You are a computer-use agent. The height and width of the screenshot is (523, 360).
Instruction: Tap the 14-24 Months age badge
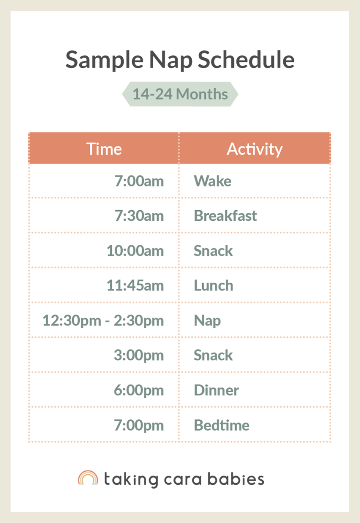180,94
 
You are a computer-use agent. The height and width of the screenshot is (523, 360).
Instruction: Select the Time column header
104,149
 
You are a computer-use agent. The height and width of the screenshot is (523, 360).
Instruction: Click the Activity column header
255,149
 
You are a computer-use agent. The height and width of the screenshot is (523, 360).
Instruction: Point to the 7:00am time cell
139,181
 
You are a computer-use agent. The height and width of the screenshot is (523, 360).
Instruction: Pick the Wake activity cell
212,181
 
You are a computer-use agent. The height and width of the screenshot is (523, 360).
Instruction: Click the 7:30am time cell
139,216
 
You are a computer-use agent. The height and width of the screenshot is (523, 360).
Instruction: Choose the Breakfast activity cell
225,216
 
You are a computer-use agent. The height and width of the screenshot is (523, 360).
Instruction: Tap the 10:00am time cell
135,250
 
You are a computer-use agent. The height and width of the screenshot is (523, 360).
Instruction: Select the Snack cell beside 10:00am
213,250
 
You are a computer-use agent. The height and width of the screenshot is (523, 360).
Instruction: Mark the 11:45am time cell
135,285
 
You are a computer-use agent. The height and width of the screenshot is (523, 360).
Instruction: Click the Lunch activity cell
213,285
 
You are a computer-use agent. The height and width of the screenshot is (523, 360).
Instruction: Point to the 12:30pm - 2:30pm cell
103,320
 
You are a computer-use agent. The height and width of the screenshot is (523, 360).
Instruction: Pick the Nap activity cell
207,321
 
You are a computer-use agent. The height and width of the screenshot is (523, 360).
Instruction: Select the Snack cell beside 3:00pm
213,355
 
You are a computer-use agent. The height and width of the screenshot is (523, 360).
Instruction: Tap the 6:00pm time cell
139,390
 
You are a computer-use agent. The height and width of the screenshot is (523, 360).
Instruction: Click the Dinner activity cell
216,390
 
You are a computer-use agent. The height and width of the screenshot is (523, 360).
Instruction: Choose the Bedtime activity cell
221,425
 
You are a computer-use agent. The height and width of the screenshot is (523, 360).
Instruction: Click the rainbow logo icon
88,478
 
